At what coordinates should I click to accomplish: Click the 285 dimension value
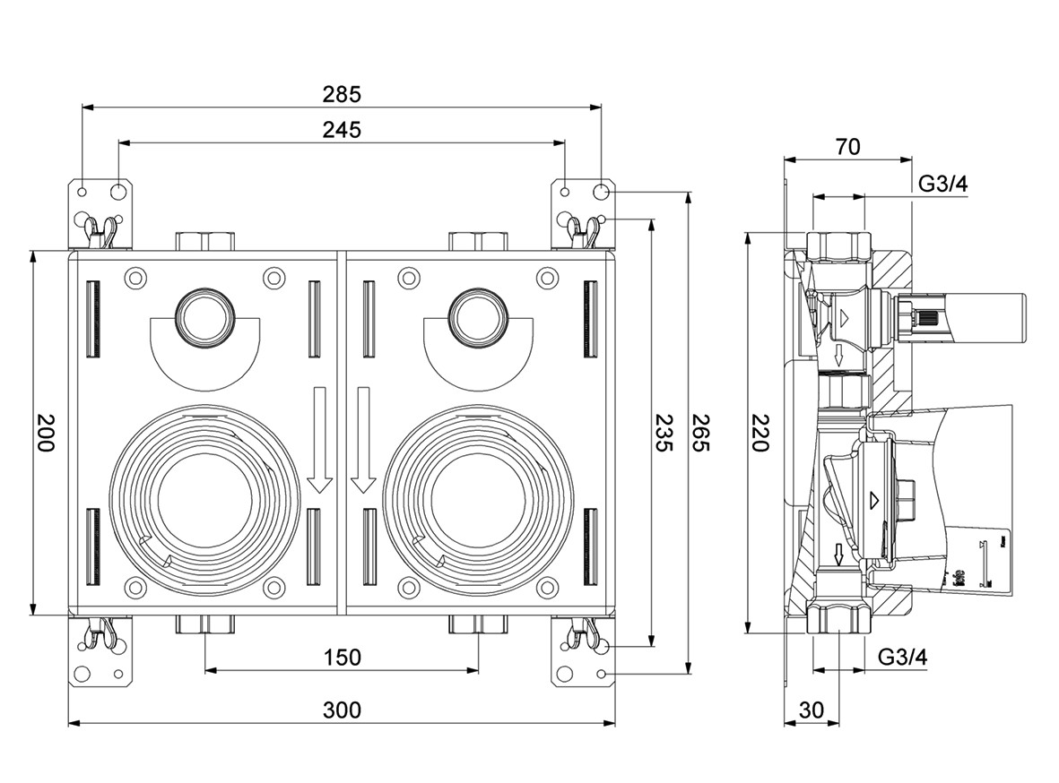tap(342, 93)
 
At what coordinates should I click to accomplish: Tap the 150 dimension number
tap(342, 657)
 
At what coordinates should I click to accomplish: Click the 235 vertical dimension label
tap(664, 433)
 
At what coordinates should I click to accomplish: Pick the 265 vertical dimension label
tap(700, 433)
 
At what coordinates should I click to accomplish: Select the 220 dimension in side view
tap(760, 433)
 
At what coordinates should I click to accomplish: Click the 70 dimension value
tap(847, 147)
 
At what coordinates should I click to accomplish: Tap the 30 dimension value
tap(811, 710)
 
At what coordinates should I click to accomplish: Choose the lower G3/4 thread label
tap(902, 657)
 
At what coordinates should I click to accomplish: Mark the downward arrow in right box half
tap(362, 439)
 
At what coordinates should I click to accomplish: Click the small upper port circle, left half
tap(204, 315)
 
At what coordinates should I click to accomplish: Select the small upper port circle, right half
tap(477, 315)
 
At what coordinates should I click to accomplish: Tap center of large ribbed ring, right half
tap(477, 498)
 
